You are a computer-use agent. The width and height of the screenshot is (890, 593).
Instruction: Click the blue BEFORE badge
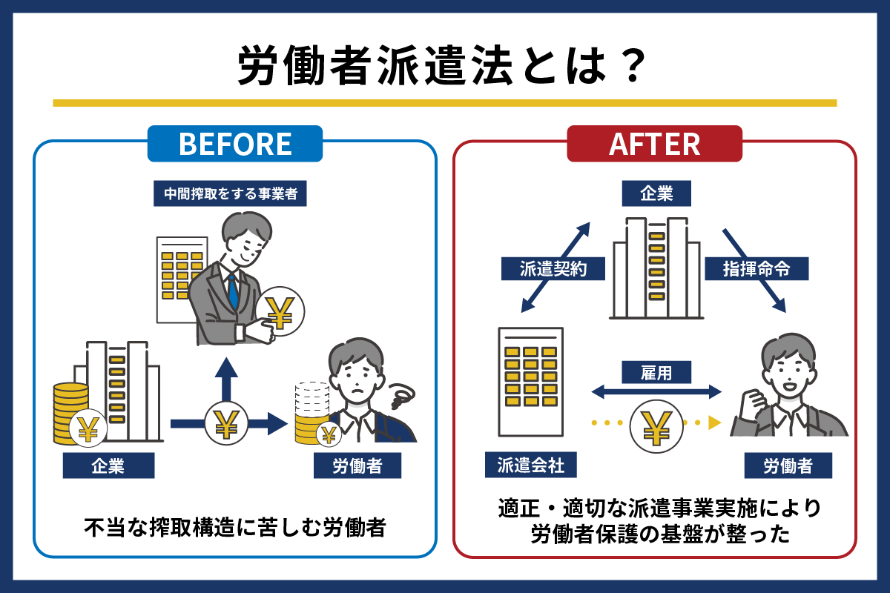235,143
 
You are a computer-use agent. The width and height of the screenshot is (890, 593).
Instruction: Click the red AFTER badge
654,143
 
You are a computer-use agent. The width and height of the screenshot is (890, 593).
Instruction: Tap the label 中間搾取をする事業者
230,193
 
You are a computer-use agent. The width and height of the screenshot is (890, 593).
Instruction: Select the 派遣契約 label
553,269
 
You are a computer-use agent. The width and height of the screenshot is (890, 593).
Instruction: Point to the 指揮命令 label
756,269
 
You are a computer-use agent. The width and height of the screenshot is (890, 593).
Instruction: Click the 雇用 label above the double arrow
656,372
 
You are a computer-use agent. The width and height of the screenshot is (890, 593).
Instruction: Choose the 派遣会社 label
531,465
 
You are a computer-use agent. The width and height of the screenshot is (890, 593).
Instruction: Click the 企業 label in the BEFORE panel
108,466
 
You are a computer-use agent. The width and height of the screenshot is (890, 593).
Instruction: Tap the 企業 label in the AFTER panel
656,193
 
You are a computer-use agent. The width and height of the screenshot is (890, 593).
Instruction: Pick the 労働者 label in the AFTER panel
788,466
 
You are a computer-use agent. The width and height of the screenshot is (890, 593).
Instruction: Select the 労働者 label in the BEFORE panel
357,466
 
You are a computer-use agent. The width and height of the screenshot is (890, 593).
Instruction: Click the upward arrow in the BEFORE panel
226,380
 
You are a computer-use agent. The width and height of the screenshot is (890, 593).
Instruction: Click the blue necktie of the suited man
233,291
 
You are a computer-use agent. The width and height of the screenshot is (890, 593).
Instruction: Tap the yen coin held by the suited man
280,312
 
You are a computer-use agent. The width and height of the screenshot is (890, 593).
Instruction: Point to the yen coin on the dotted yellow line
656,426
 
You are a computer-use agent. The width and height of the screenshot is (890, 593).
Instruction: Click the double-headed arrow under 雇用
656,392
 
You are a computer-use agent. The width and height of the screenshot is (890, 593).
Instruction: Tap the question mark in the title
633,65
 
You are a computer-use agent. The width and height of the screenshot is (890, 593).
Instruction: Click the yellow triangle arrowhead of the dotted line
714,423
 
